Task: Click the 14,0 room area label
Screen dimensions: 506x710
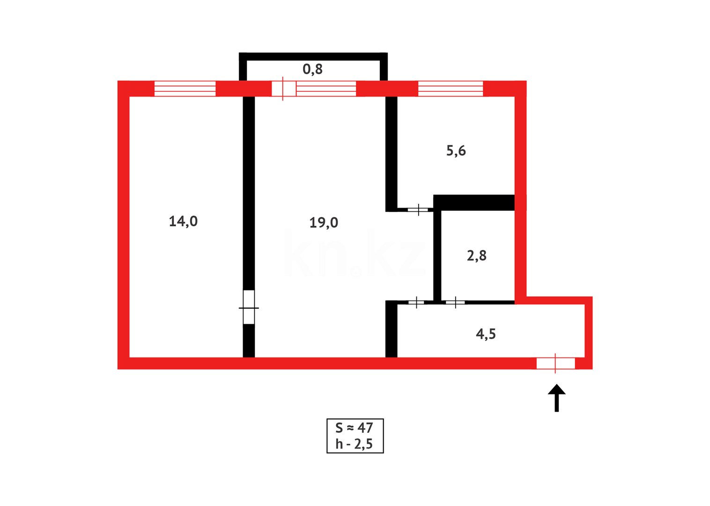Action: pyautogui.click(x=183, y=221)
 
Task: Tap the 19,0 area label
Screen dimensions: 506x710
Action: pyautogui.click(x=324, y=223)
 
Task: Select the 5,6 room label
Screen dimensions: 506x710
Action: pyautogui.click(x=456, y=151)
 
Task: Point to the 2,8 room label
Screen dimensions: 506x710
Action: pyautogui.click(x=476, y=256)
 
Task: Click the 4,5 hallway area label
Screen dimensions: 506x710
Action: pyautogui.click(x=486, y=334)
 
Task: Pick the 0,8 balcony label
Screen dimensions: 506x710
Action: pyautogui.click(x=312, y=69)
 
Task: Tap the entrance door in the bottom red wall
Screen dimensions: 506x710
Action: pyautogui.click(x=555, y=363)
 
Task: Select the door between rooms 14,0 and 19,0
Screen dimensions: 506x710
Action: pyautogui.click(x=249, y=307)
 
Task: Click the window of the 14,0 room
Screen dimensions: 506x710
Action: pyautogui.click(x=185, y=89)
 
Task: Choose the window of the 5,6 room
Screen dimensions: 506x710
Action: pyautogui.click(x=450, y=89)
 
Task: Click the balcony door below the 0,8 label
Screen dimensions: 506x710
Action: pyautogui.click(x=283, y=89)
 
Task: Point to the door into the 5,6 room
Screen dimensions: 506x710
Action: pyautogui.click(x=418, y=209)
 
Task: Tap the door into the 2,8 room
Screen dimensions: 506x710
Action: pyautogui.click(x=455, y=303)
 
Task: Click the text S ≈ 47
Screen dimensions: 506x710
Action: pyautogui.click(x=354, y=428)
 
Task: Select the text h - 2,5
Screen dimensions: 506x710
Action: pyautogui.click(x=354, y=444)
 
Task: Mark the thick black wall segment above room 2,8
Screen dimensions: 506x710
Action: pyautogui.click(x=474, y=202)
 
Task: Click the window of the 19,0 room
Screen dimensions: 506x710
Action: pyautogui.click(x=326, y=89)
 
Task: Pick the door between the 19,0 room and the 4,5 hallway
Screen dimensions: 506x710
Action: pyautogui.click(x=416, y=303)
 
